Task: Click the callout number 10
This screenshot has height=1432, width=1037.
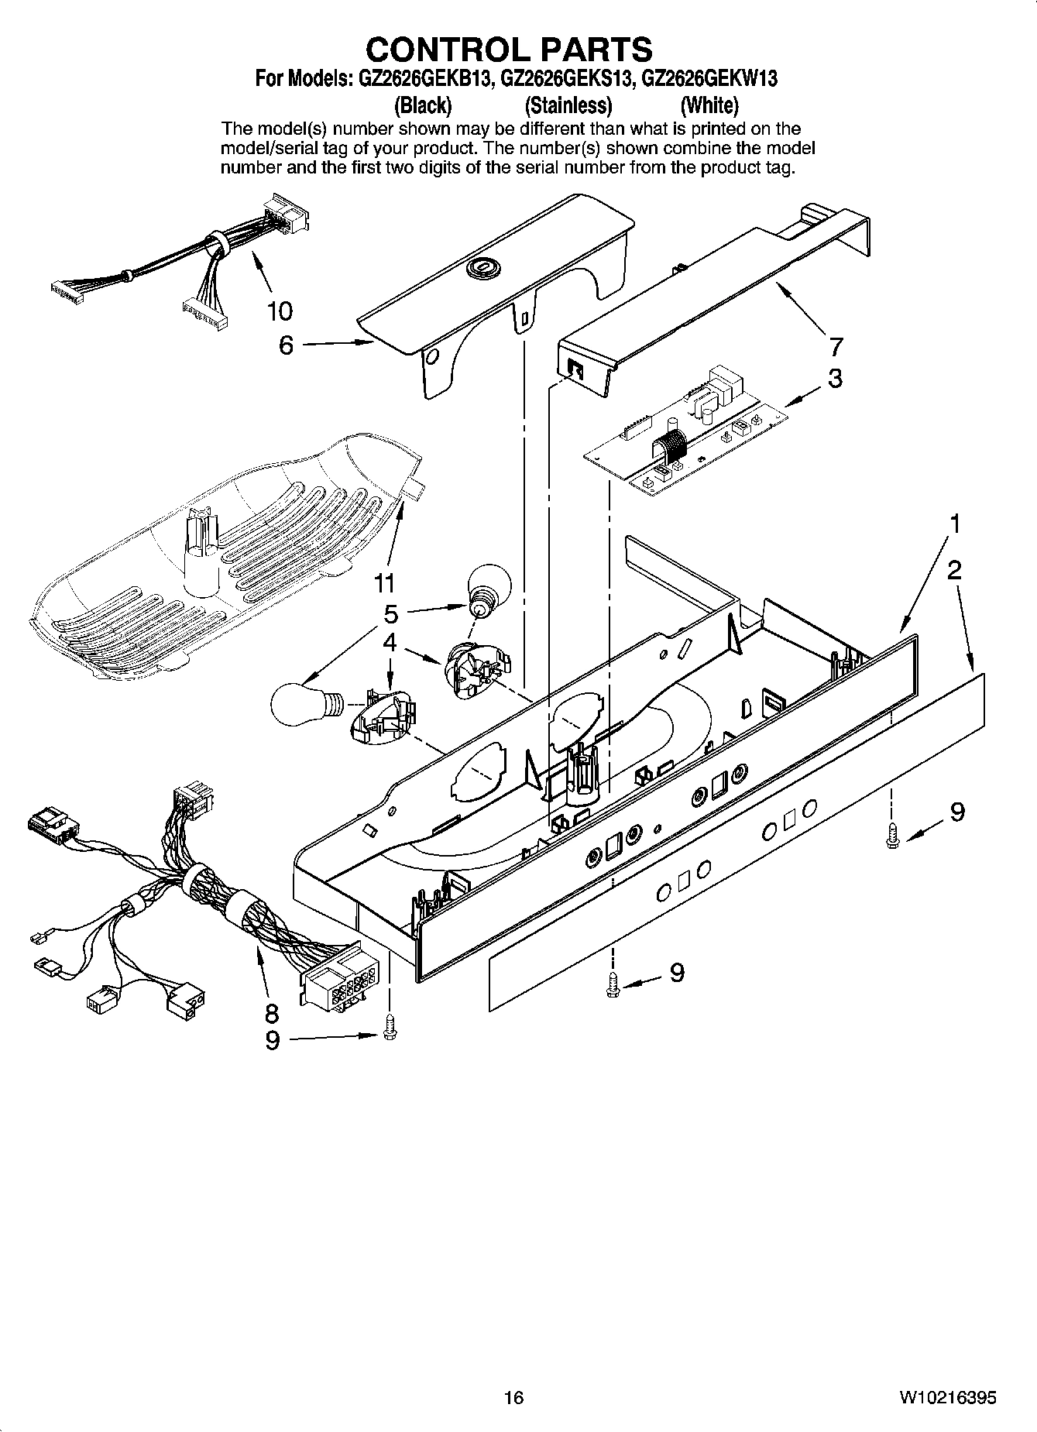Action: tap(280, 311)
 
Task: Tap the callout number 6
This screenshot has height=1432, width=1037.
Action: tap(287, 345)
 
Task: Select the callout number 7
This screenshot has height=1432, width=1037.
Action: tap(836, 345)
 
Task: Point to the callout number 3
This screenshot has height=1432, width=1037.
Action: tap(835, 379)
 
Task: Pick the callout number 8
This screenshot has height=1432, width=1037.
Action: tap(271, 1012)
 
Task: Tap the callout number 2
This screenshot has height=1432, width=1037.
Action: tap(954, 571)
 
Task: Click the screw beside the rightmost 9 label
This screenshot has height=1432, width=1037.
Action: tap(891, 836)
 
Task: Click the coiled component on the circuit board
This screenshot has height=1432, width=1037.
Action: tap(669, 452)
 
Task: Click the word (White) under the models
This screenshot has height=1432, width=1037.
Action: tap(709, 105)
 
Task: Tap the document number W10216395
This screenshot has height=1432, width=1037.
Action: tap(947, 1397)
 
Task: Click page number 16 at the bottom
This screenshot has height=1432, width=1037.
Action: tap(513, 1397)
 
